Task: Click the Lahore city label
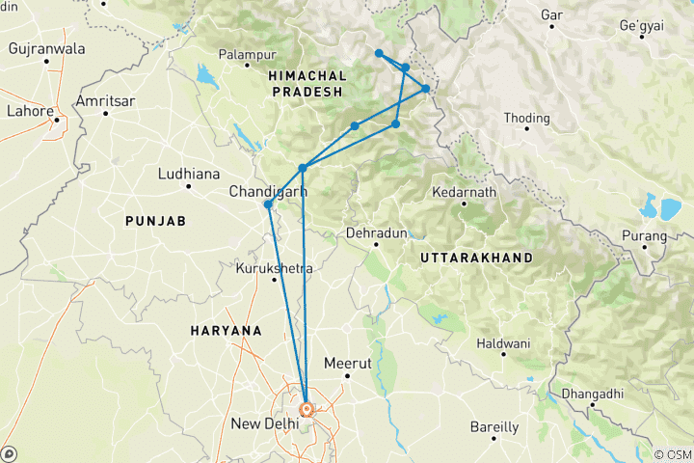click(x=31, y=110)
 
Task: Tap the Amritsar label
click(x=107, y=101)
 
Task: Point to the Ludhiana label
click(x=189, y=174)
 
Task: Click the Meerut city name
click(x=347, y=364)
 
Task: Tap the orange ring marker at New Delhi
click(x=307, y=409)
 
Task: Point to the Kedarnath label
click(x=465, y=193)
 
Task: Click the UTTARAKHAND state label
click(x=476, y=259)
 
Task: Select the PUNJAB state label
click(x=154, y=222)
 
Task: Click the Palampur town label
click(x=248, y=55)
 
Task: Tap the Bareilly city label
click(x=494, y=426)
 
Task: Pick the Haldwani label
click(x=502, y=342)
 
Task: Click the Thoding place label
click(x=527, y=119)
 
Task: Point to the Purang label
click(x=643, y=234)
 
